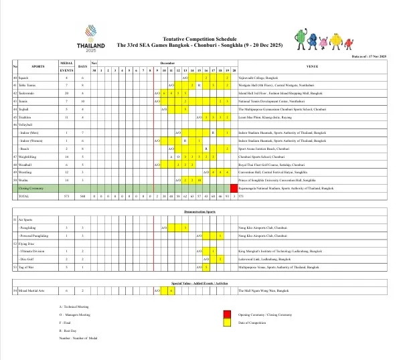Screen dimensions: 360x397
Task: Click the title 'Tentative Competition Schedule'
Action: point(198,40)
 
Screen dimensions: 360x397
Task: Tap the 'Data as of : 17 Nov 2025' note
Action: point(372,58)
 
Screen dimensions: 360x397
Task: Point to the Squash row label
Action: point(26,78)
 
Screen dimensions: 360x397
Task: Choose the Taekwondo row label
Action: point(29,92)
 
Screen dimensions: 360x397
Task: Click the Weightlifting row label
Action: point(31,155)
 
